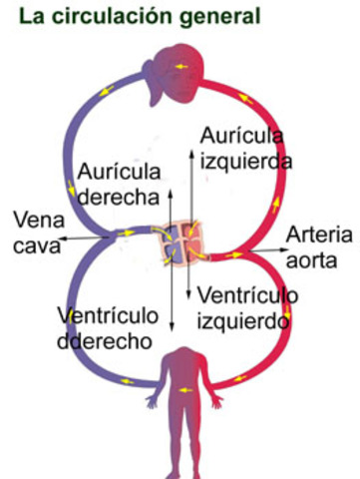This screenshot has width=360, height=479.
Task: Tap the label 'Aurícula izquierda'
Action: click(x=245, y=147)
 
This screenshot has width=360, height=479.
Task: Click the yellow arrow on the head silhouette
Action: click(x=180, y=67)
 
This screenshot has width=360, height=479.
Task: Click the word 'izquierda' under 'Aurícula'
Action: click(x=245, y=159)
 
